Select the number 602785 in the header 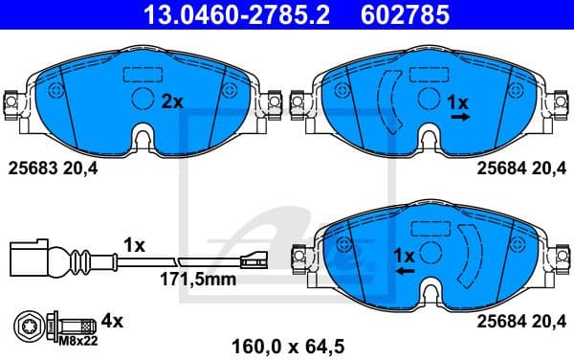390,13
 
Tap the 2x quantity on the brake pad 170,101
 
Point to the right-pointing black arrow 460,116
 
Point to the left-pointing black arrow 406,272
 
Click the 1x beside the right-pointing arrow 459,101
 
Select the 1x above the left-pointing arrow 405,256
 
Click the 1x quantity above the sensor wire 133,245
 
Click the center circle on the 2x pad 142,99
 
